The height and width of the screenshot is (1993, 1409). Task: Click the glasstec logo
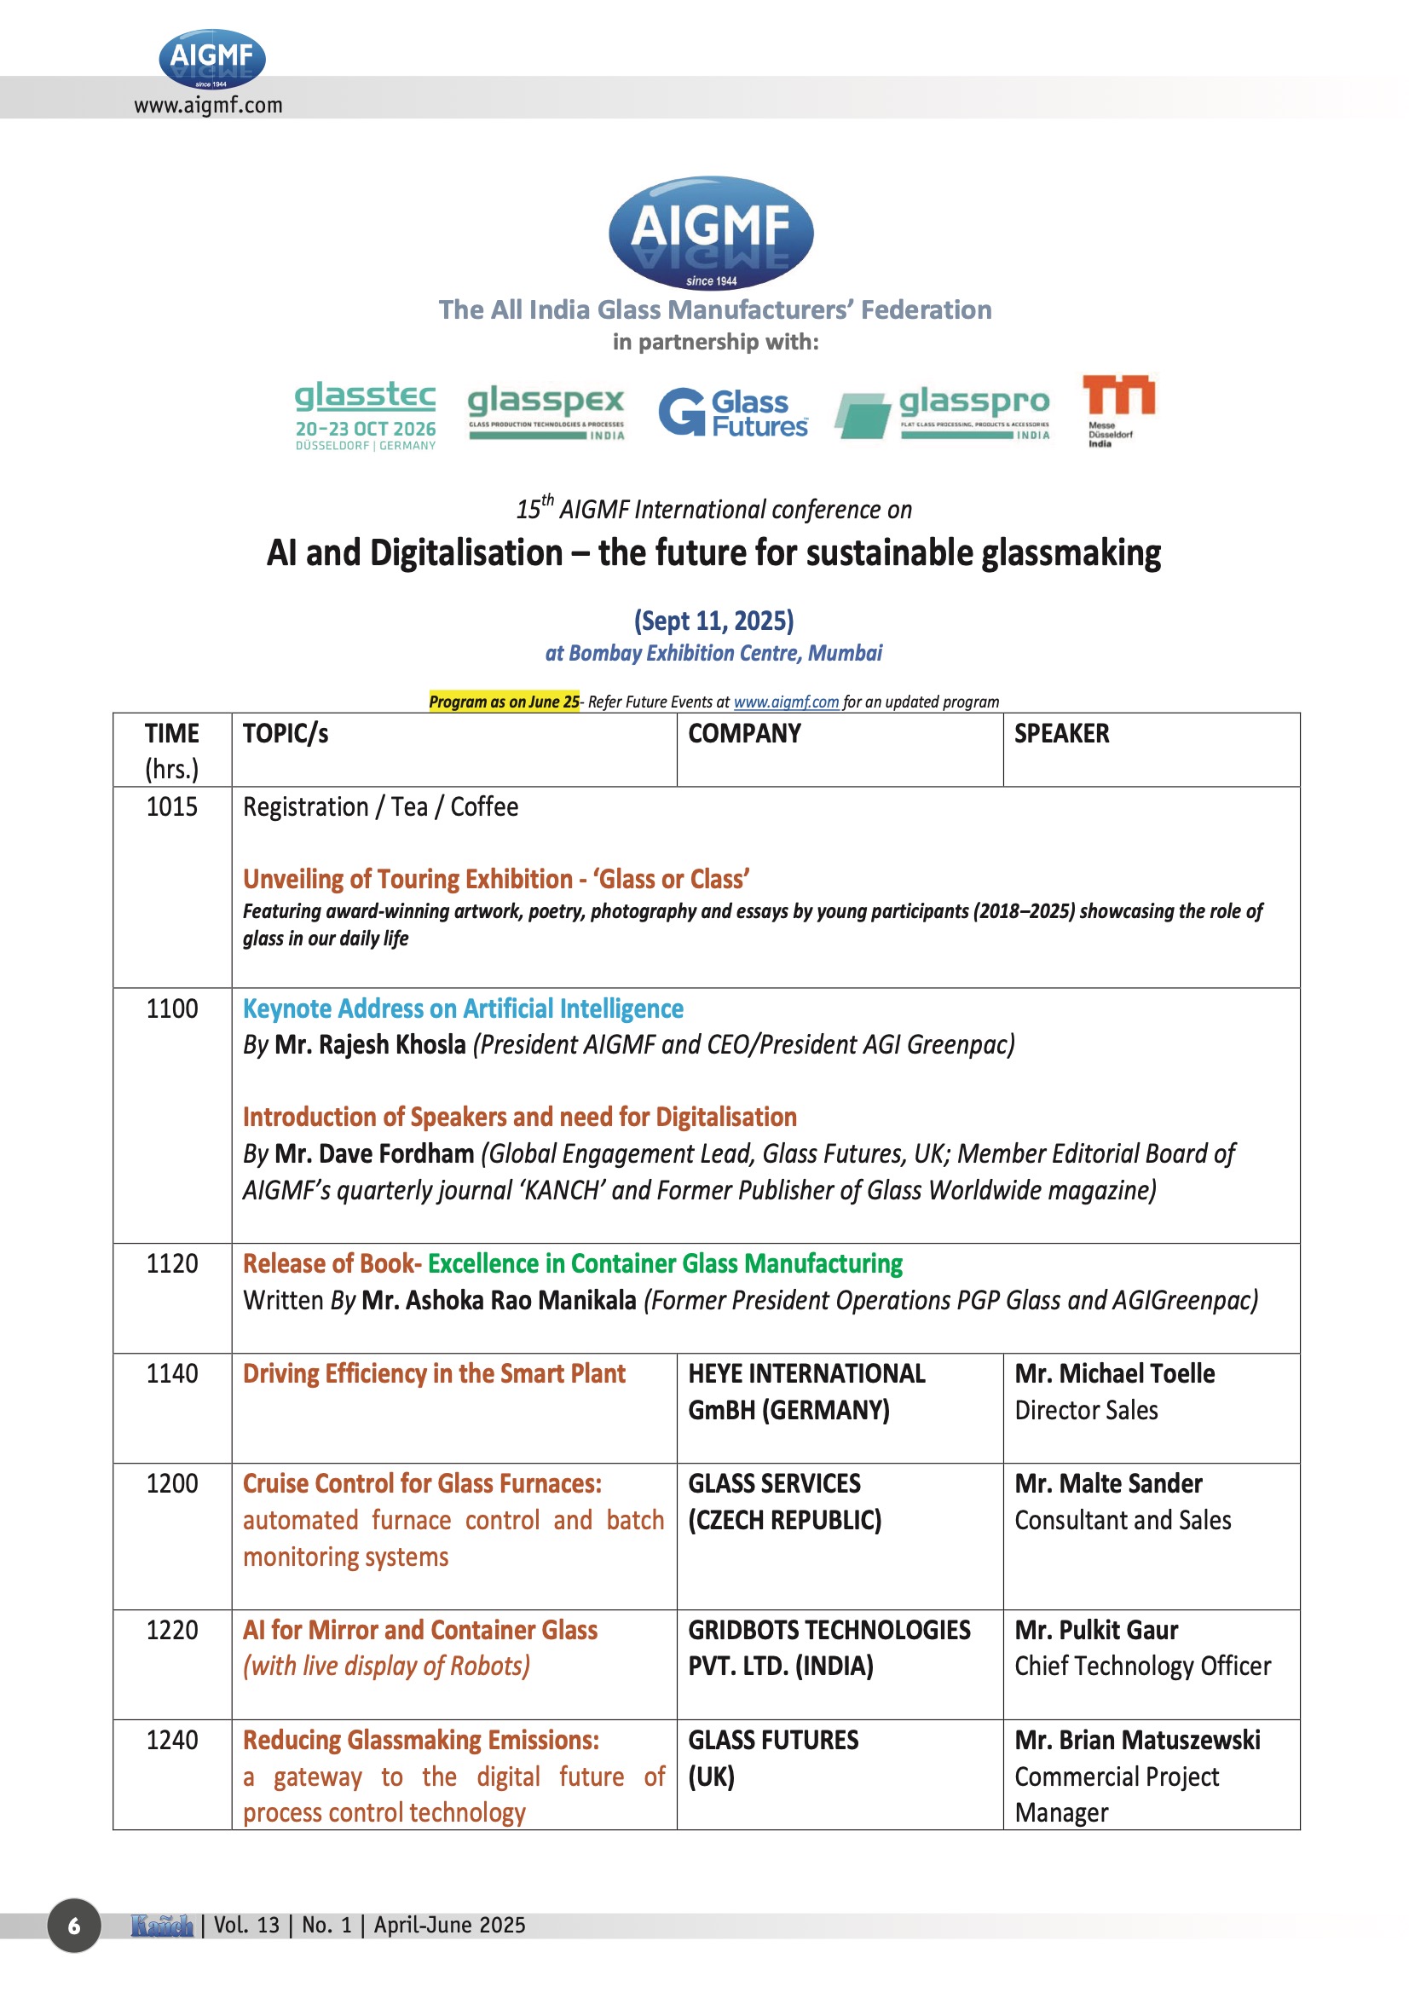point(365,414)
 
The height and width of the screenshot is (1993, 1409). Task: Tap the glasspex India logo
point(546,411)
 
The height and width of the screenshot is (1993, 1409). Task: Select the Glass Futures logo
point(734,413)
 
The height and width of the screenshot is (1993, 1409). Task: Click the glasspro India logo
point(943,413)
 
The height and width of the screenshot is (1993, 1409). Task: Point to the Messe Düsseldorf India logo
point(1118,410)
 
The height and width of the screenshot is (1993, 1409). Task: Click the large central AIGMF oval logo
point(711,232)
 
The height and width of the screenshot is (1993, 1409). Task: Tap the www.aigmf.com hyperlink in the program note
point(786,702)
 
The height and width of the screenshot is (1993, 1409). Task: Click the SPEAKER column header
point(1061,733)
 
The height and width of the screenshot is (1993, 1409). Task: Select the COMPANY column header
point(744,733)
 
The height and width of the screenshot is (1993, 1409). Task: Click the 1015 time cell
point(172,806)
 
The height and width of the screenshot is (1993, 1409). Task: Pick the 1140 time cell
point(172,1373)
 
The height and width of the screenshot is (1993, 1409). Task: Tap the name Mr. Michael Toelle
point(1114,1373)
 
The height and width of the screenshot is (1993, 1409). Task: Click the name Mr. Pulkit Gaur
point(1095,1629)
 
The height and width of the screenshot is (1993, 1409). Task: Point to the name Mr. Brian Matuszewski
point(1136,1740)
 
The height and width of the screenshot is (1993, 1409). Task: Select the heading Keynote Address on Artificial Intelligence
point(463,1008)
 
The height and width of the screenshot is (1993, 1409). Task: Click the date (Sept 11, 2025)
point(713,621)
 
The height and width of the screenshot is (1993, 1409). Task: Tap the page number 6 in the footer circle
point(74,1926)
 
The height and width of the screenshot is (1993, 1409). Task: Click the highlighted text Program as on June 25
point(504,702)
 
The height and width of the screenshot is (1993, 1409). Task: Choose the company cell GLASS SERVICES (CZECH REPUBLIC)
point(784,1502)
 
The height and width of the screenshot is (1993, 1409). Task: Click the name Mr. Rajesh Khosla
point(370,1044)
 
